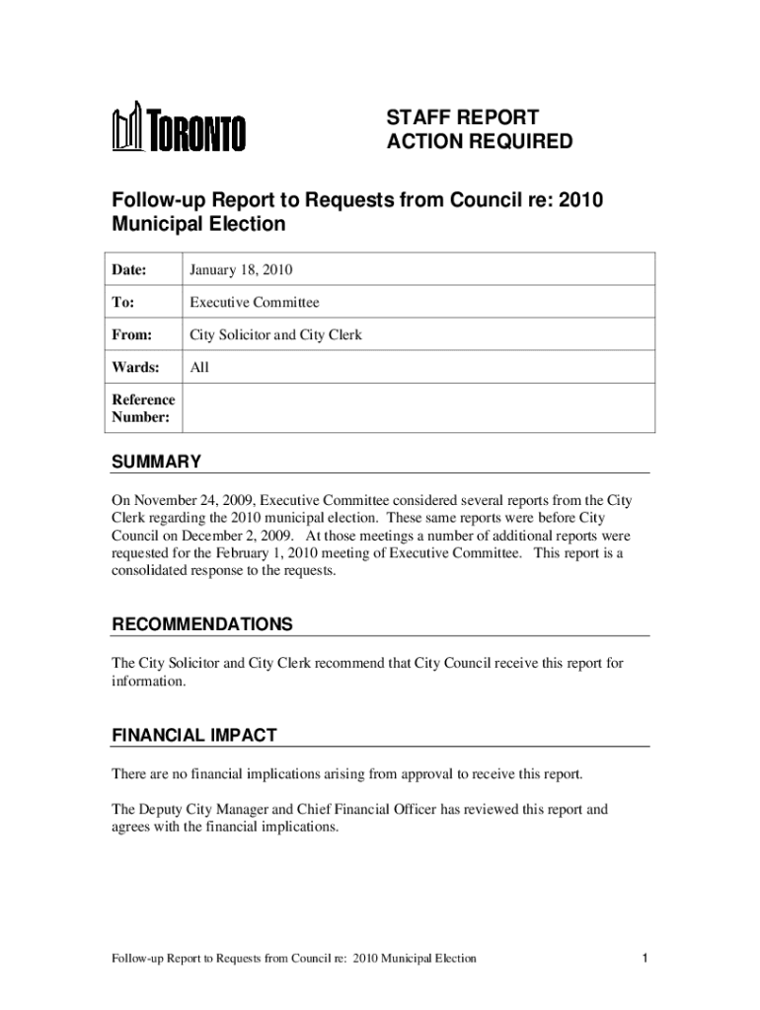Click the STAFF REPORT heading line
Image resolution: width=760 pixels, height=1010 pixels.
pyautogui.click(x=462, y=117)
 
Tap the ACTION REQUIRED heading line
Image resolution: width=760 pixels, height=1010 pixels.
pyautogui.click(x=479, y=142)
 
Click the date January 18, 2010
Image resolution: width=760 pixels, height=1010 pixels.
pyautogui.click(x=241, y=269)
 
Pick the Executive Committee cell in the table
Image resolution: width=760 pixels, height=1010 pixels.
pyautogui.click(x=255, y=303)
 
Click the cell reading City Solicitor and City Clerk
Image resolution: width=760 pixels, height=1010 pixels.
pyautogui.click(x=275, y=335)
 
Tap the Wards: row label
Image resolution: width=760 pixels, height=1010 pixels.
pyautogui.click(x=135, y=368)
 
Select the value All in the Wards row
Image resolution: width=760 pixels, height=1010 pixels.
pyautogui.click(x=199, y=368)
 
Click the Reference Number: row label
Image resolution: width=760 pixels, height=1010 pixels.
pyautogui.click(x=143, y=408)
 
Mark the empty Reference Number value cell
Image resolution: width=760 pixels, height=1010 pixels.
pyautogui.click(x=415, y=408)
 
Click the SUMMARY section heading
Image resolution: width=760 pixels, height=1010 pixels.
pyautogui.click(x=156, y=462)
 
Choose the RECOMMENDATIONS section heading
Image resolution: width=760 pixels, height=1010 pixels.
pyautogui.click(x=201, y=624)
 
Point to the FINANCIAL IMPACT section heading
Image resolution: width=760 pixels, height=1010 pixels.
pyautogui.click(x=193, y=736)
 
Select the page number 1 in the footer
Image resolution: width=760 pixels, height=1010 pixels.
pyautogui.click(x=644, y=958)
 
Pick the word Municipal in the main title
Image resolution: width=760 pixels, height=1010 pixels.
pyautogui.click(x=162, y=224)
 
